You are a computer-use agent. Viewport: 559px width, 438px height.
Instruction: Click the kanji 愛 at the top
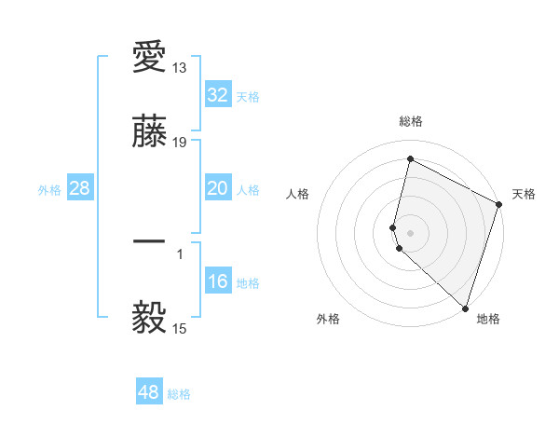click(x=149, y=59)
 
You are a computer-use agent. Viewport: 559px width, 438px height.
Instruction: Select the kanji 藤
click(x=149, y=133)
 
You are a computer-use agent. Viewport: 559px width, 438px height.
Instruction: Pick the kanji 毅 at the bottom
click(x=149, y=319)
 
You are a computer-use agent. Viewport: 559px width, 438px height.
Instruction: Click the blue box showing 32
click(x=218, y=95)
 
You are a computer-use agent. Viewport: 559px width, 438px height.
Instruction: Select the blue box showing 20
click(x=218, y=188)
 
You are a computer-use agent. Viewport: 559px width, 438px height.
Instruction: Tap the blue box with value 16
click(x=218, y=281)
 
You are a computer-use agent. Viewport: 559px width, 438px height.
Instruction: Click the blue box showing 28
click(x=80, y=188)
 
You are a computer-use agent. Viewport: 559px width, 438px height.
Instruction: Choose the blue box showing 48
click(x=149, y=392)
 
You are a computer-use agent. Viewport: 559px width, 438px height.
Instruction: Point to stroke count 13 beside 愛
click(x=180, y=68)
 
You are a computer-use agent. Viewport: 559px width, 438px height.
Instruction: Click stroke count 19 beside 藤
click(x=180, y=143)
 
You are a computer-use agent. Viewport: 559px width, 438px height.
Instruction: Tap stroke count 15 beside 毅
click(x=180, y=328)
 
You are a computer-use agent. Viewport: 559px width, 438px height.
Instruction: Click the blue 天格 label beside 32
click(x=248, y=97)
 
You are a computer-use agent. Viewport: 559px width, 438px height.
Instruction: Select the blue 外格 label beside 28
click(x=49, y=190)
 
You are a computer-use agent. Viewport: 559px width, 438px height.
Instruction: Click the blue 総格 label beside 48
click(x=179, y=394)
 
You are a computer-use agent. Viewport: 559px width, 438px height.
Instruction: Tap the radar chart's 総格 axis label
click(x=411, y=121)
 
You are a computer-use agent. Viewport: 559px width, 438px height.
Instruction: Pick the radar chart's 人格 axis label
click(x=298, y=194)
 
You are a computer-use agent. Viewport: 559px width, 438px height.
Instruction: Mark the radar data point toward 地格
click(x=465, y=308)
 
